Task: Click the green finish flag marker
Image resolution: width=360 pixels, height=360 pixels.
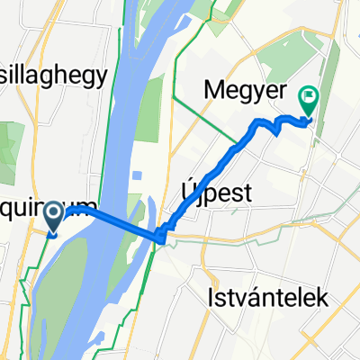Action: (x=309, y=101)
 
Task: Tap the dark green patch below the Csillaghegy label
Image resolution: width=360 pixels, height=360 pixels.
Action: (x=12, y=144)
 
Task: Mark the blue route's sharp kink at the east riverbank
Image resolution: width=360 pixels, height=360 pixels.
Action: (x=160, y=238)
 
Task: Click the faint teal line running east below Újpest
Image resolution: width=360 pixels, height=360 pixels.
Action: (x=270, y=236)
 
